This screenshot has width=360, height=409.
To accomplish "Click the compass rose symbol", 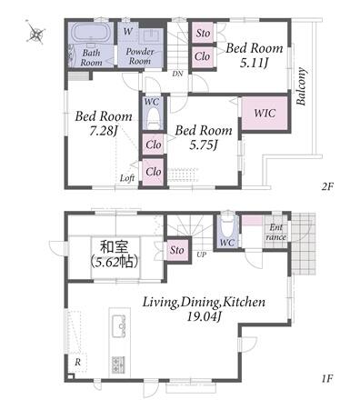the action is pyautogui.click(x=35, y=33).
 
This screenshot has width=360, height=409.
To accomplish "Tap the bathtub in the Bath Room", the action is pyautogui.click(x=90, y=33).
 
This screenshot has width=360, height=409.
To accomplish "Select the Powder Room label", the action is pyautogui.click(x=139, y=56).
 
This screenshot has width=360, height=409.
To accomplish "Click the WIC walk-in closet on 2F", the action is pyautogui.click(x=265, y=113).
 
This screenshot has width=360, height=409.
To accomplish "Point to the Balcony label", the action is pyautogui.click(x=302, y=86).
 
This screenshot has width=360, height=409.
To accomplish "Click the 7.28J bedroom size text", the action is pyautogui.click(x=104, y=131).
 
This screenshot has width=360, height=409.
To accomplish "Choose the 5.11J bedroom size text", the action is pyautogui.click(x=255, y=63).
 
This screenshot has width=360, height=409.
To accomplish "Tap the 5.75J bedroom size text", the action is pyautogui.click(x=204, y=145).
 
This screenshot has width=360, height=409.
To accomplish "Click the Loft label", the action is pyautogui.click(x=127, y=178).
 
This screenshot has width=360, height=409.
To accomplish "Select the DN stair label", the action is pyautogui.click(x=177, y=74).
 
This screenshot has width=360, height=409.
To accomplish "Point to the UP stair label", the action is pyautogui.click(x=202, y=254).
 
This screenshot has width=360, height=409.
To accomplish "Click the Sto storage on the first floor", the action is pyautogui.click(x=177, y=250).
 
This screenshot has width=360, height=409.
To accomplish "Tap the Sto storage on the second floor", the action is pyautogui.click(x=203, y=33).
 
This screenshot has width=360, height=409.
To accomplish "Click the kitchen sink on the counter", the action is pyautogui.click(x=119, y=326).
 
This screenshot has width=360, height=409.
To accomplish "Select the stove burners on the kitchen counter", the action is pyautogui.click(x=118, y=365).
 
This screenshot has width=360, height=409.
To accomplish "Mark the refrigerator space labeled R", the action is pyautogui.click(x=78, y=362).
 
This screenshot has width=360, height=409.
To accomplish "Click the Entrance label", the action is pyautogui.click(x=276, y=232).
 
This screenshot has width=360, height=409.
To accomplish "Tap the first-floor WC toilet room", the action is pyautogui.click(x=227, y=232).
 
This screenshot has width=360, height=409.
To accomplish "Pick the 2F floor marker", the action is pyautogui.click(x=327, y=186).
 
